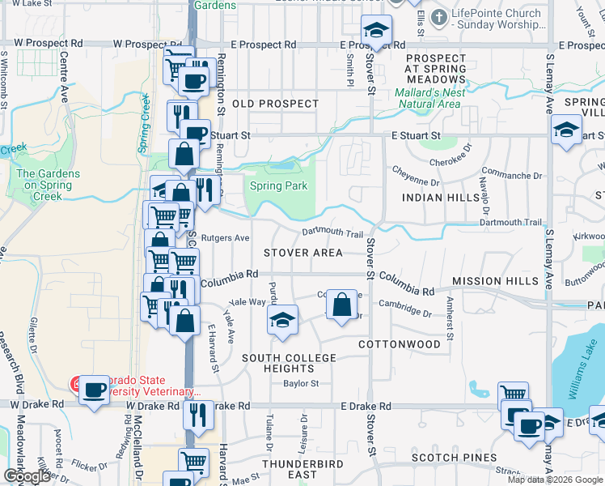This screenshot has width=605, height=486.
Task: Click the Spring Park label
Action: (278, 186)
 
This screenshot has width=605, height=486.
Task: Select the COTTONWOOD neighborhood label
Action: (400, 344)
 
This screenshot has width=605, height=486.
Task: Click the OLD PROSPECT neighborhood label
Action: (275, 104)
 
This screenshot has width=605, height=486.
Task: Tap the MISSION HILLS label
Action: (495, 281)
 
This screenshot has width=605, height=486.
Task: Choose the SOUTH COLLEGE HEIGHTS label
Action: (289, 363)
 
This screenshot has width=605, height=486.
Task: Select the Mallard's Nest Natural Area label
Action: (429, 98)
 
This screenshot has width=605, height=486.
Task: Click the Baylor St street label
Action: (301, 384)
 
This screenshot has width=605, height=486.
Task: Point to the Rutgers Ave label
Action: (226, 238)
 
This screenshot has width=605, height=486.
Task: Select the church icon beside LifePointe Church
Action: (439, 17)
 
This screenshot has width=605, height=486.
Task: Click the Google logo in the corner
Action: (27, 476)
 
